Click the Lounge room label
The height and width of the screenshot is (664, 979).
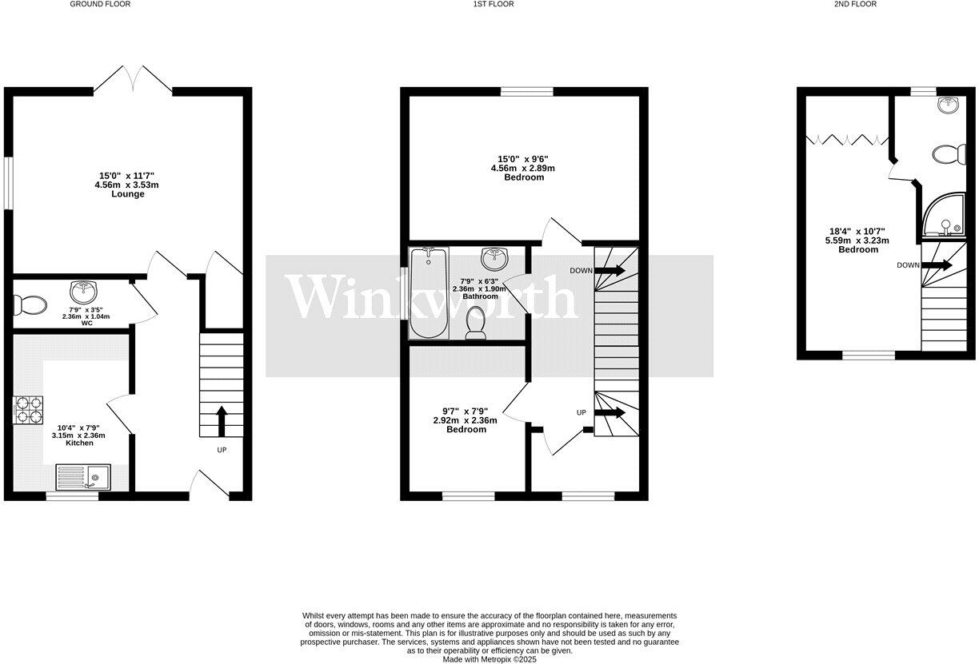(x=128, y=194)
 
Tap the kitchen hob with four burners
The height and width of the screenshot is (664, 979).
(x=29, y=409)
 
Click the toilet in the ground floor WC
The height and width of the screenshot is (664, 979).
(x=29, y=304)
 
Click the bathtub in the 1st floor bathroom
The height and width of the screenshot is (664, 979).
(x=428, y=293)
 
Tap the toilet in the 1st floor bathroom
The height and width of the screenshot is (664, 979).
(x=474, y=324)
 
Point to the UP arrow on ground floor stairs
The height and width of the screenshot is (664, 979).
(x=222, y=420)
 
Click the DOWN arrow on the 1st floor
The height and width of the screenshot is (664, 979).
(x=609, y=271)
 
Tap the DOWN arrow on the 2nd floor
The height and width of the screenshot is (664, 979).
(x=933, y=265)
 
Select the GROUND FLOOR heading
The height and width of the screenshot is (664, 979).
(x=100, y=4)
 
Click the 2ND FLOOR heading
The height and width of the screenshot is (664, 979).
(x=854, y=4)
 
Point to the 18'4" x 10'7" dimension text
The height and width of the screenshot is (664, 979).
(x=857, y=232)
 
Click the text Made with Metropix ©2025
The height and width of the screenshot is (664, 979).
(x=489, y=659)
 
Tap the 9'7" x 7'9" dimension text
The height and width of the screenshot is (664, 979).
(x=466, y=412)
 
